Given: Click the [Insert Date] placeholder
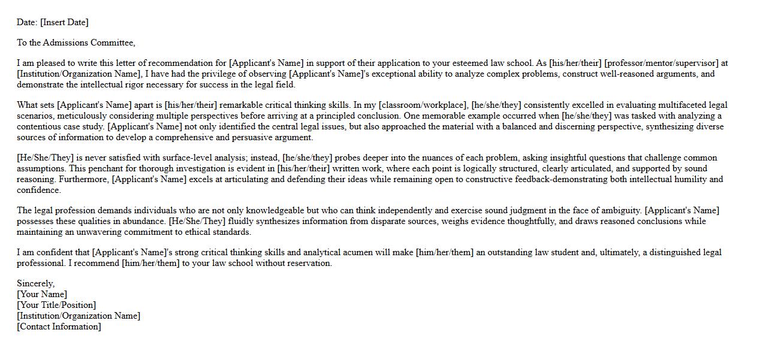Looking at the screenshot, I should (64, 22).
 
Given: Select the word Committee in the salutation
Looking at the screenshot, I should (114, 43).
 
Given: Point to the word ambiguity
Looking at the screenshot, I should (621, 210).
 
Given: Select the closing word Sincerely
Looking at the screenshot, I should (35, 283).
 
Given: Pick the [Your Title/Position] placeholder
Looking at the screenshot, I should (56, 305).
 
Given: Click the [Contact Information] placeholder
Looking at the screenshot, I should (59, 326).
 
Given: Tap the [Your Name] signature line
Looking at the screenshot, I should (42, 294).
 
